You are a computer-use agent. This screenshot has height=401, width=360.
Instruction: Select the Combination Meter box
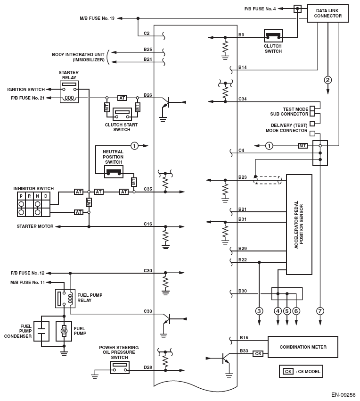click(x=303, y=347)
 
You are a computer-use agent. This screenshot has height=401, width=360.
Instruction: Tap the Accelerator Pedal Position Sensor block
click(x=299, y=225)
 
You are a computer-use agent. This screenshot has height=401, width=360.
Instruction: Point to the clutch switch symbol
click(x=273, y=36)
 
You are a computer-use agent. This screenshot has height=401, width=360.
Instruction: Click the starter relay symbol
click(x=69, y=92)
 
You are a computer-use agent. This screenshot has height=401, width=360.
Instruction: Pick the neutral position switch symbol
click(x=114, y=172)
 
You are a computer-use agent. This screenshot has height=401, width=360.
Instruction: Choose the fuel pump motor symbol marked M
click(x=64, y=331)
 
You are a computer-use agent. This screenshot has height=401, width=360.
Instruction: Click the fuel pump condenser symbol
click(x=42, y=331)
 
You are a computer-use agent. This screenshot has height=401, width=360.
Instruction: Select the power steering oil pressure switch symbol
click(x=120, y=368)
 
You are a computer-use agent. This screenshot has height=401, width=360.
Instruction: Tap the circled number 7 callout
click(x=320, y=311)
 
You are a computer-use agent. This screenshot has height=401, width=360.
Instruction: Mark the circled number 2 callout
click(x=328, y=80)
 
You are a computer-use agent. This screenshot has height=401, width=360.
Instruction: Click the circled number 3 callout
click(x=259, y=311)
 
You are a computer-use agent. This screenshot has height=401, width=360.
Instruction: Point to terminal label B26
click(x=148, y=95)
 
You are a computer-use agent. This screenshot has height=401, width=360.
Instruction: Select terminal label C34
click(x=243, y=99)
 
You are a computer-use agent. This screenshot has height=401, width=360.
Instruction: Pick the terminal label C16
click(x=148, y=224)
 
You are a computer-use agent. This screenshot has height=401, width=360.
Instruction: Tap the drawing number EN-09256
click(x=343, y=395)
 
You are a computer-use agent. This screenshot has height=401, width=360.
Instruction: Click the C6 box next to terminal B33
click(x=257, y=353)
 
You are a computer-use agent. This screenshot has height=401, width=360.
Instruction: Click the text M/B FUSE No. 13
click(x=97, y=18)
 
